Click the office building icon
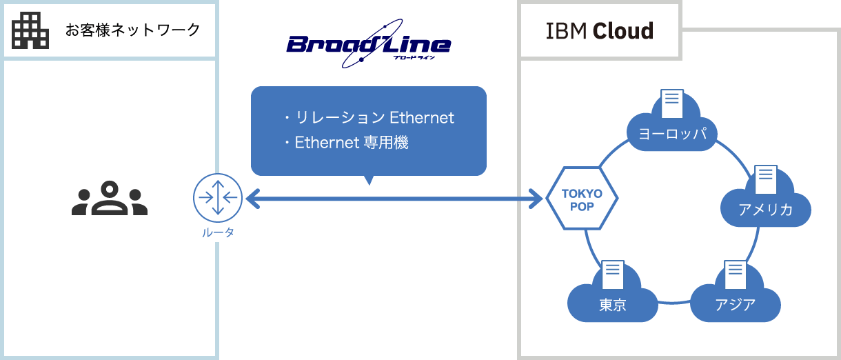[x=31, y=30]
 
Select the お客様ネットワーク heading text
[x=133, y=30]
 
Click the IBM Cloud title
[x=599, y=31]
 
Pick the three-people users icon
[x=110, y=199]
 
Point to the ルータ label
[x=218, y=232]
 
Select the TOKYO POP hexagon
[x=582, y=199]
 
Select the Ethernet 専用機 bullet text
[x=352, y=143]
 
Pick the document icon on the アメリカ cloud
[x=766, y=180]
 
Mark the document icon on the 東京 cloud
[x=613, y=274]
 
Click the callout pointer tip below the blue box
[x=369, y=183]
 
